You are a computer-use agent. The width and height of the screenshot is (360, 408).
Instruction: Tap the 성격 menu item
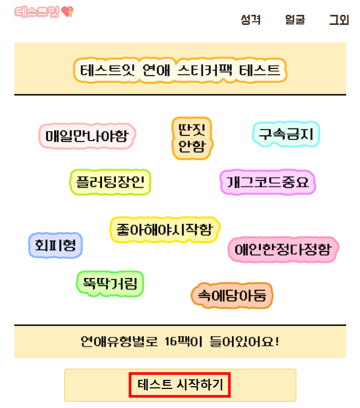click(x=250, y=20)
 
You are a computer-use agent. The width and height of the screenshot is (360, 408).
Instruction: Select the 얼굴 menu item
click(x=295, y=20)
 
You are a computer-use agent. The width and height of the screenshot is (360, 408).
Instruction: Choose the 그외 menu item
click(x=339, y=20)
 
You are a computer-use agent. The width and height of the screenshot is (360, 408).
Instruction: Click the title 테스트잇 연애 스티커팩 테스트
click(x=180, y=70)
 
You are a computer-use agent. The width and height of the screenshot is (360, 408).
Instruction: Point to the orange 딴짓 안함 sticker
click(x=192, y=137)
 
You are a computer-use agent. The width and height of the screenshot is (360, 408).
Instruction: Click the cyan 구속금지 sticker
click(x=285, y=134)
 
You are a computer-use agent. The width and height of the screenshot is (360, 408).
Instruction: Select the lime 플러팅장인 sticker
click(x=110, y=182)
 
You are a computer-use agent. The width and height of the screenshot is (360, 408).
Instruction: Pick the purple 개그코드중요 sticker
click(x=268, y=183)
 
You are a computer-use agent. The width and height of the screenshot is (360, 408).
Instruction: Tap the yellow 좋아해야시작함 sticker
click(x=165, y=230)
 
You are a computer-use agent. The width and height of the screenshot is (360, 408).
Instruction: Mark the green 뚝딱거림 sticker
click(x=110, y=283)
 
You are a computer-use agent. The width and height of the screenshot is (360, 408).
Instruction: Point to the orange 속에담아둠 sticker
click(x=232, y=295)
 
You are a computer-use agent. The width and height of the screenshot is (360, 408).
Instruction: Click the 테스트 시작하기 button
click(x=180, y=385)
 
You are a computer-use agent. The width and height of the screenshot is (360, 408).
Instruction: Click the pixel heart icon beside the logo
click(x=68, y=11)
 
